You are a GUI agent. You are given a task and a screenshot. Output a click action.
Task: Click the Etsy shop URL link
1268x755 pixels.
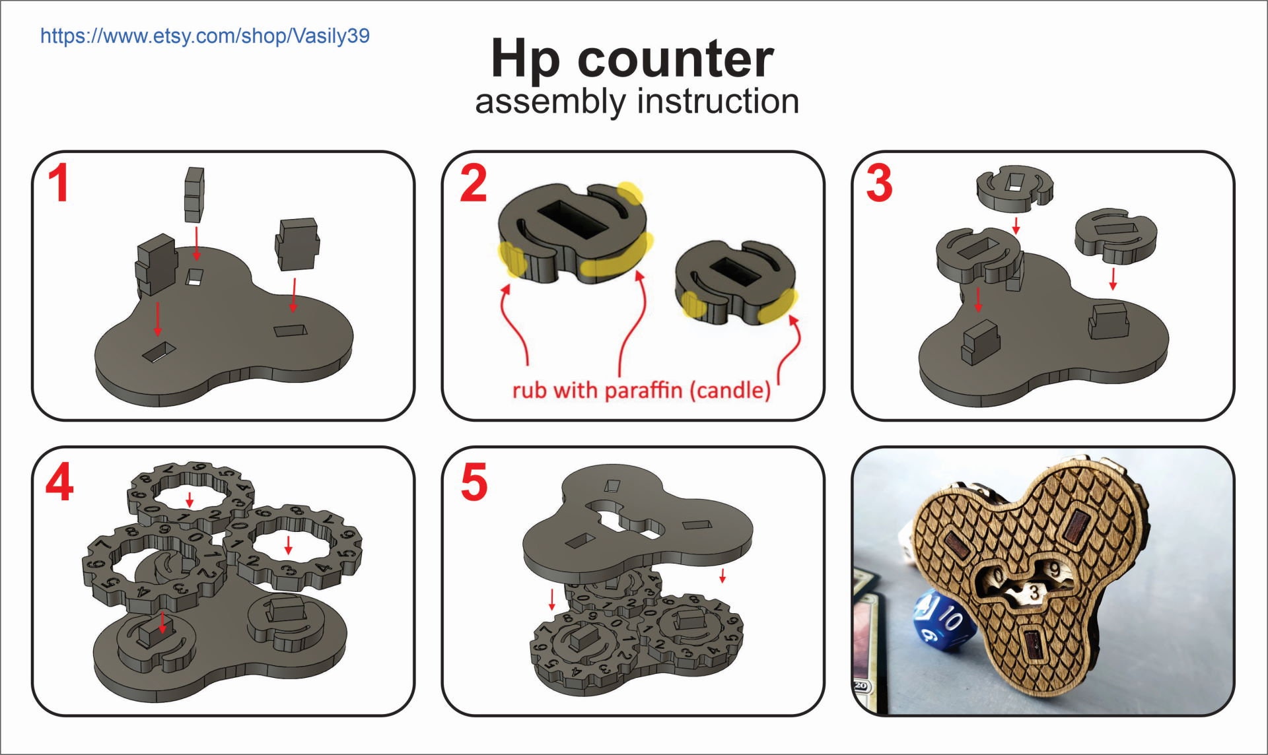205,36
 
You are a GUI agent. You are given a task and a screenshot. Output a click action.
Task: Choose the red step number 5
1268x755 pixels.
474,482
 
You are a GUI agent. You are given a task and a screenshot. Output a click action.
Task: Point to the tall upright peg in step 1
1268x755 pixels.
194,194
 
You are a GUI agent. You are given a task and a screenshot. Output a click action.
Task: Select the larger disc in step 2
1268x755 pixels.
571,231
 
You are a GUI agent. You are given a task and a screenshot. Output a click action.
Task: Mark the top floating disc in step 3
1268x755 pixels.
1014,187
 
